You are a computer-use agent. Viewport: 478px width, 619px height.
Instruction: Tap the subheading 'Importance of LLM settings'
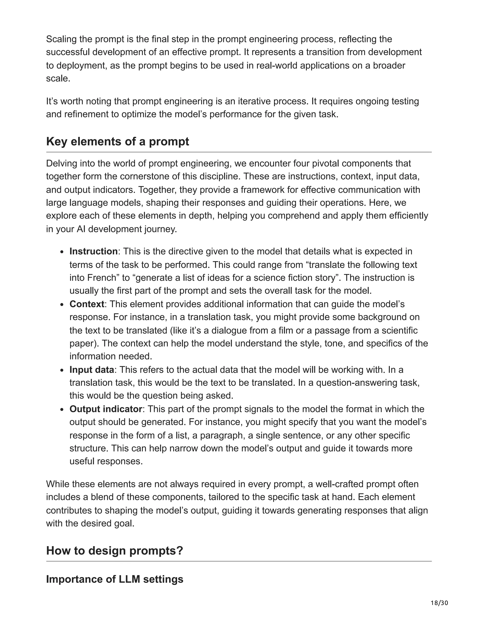[114, 579]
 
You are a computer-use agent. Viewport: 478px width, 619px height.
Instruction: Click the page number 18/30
[439, 603]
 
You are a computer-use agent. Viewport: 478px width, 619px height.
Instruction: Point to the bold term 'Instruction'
[93, 251]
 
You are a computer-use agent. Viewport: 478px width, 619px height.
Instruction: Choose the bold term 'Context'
[87, 304]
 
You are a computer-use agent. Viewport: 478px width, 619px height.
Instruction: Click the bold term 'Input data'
[92, 370]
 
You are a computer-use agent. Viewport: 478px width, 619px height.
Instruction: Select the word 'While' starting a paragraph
[57, 484]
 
